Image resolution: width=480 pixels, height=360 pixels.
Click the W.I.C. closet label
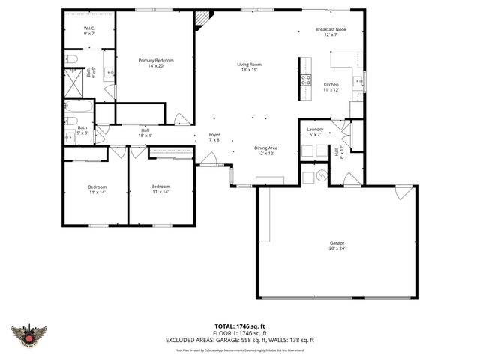(x=88, y=31)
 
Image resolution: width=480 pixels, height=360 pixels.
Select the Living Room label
(x=249, y=67)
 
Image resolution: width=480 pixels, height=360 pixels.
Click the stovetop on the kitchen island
(x=306, y=80)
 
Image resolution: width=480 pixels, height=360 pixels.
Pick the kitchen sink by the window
(x=358, y=82)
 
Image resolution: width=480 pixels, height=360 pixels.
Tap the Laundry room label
(x=315, y=131)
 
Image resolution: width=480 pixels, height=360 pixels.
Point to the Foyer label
(x=214, y=137)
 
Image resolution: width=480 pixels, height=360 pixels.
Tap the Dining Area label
(x=266, y=151)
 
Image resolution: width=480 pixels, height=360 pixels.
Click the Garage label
(x=336, y=245)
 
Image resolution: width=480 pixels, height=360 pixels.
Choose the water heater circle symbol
(x=321, y=176)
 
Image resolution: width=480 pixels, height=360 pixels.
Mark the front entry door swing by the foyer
(x=207, y=160)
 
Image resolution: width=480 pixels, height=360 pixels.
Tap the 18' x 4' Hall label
(x=145, y=133)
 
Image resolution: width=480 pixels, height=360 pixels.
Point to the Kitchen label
(x=331, y=87)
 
